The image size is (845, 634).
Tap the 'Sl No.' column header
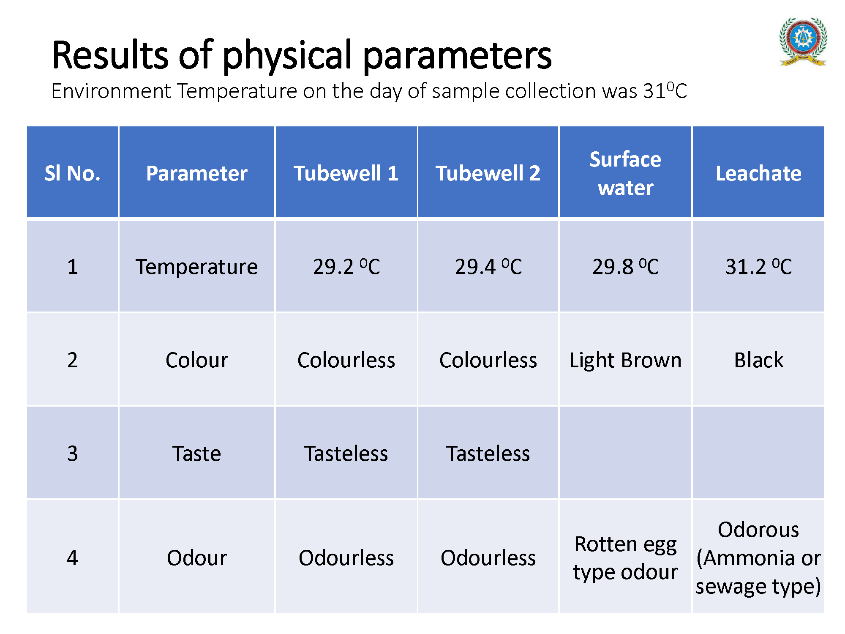coord(73,173)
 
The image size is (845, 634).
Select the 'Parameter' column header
coord(197,173)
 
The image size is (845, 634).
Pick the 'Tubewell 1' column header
coord(346,173)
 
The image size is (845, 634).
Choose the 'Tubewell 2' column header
coord(488,173)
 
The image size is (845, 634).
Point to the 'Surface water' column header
coord(625,173)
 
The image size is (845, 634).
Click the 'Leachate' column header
coord(758,173)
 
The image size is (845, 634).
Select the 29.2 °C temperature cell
coord(346,267)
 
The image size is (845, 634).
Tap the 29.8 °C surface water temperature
coord(625,267)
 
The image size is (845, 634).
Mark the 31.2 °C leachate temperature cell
coord(758,267)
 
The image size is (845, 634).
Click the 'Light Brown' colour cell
coord(625,361)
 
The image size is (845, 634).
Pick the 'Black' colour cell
coord(758,360)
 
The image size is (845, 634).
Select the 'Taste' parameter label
coord(197,454)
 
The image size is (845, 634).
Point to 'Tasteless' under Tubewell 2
coord(488,454)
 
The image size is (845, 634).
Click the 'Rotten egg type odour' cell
coord(625,558)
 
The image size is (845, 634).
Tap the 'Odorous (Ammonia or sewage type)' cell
coord(758,558)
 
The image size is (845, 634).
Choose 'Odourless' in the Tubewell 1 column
coord(346,558)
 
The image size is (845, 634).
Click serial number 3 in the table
coord(73,454)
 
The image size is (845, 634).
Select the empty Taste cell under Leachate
coord(758,453)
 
